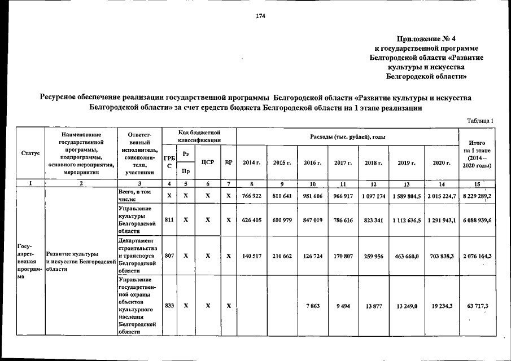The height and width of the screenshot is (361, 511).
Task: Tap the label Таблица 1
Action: pyautogui.click(x=480, y=120)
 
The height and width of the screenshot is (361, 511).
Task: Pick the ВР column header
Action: pyautogui.click(x=228, y=162)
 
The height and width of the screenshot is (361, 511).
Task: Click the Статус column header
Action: pyautogui.click(x=30, y=153)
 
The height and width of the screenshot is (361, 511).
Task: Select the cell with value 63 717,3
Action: pyautogui.click(x=477, y=305)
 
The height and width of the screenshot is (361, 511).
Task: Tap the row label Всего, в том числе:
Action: pyautogui.click(x=133, y=195)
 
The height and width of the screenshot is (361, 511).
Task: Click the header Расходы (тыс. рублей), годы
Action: pyautogui.click(x=347, y=137)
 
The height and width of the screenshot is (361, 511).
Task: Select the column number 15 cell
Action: pyautogui.click(x=477, y=183)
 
